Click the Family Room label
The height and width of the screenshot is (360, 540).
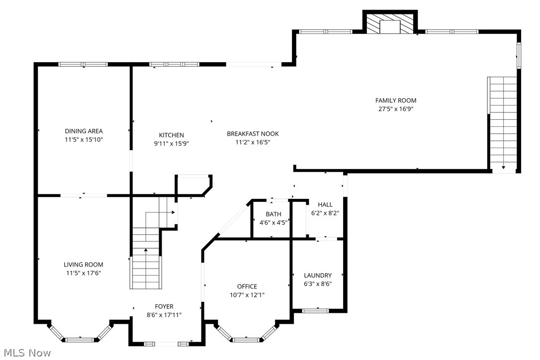396,100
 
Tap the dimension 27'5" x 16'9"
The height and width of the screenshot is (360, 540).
396,109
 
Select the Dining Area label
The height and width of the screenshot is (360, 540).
84,131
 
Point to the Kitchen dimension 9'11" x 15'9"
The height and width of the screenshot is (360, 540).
171,143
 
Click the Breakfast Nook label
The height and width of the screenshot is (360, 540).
253,134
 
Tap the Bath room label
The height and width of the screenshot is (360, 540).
273,214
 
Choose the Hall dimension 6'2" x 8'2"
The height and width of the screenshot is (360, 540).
325,213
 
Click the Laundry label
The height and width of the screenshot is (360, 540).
317,275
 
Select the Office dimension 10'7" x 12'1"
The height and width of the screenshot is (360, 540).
247,295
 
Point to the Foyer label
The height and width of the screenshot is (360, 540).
164,306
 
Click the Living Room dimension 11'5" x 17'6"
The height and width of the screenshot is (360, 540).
84,273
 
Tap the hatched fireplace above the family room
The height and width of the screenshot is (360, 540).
390,23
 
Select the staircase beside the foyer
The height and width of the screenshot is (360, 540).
146,259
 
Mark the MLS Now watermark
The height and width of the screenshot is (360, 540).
25,353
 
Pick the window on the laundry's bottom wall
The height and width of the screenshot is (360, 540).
316,311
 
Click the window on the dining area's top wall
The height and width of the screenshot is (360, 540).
83,64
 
